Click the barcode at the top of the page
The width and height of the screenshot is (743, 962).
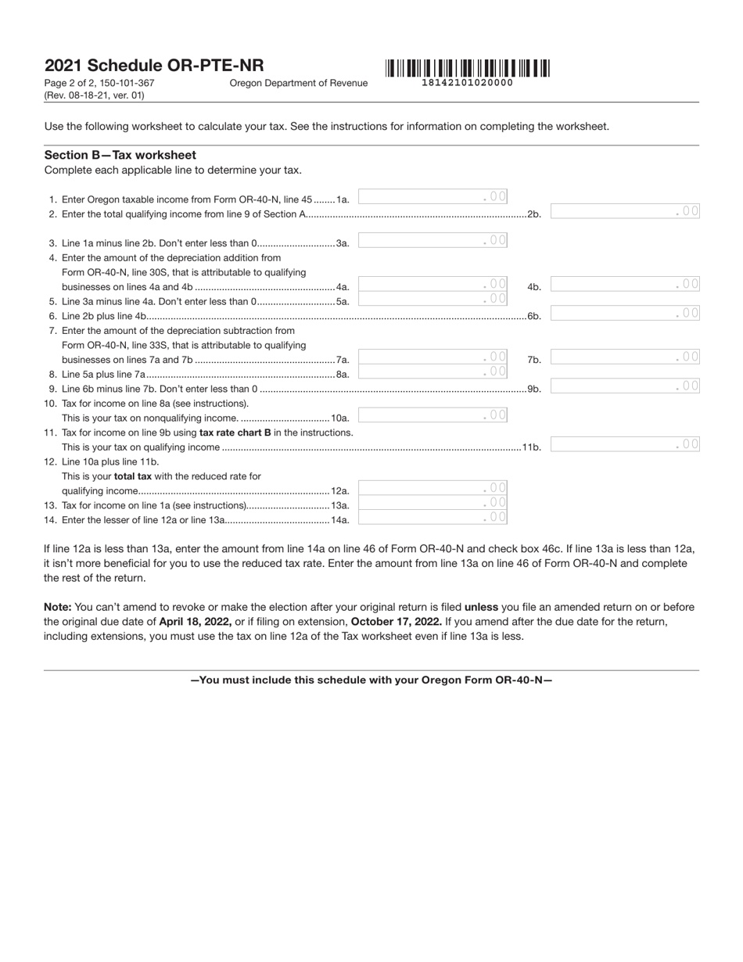[467, 68]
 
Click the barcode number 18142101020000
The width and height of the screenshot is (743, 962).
[467, 83]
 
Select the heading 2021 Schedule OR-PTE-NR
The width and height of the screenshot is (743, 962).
[154, 66]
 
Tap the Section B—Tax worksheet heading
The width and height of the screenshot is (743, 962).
[120, 155]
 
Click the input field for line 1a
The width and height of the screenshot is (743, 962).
[433, 197]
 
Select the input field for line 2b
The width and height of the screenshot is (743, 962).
[625, 211]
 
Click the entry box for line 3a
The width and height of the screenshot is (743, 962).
[433, 241]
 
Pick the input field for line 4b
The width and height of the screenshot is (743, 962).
[625, 285]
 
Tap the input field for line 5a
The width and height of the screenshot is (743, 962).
[433, 300]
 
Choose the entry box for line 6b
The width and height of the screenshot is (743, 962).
[625, 314]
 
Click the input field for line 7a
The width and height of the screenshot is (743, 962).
[433, 357]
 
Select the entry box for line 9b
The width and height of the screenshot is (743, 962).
[625, 386]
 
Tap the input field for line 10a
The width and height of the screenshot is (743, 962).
[433, 415]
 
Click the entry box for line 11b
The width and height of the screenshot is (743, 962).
[625, 445]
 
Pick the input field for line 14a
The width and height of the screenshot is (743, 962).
[433, 518]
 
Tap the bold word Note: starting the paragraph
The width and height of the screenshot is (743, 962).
[58, 607]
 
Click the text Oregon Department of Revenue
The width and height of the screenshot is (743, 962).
[298, 83]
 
